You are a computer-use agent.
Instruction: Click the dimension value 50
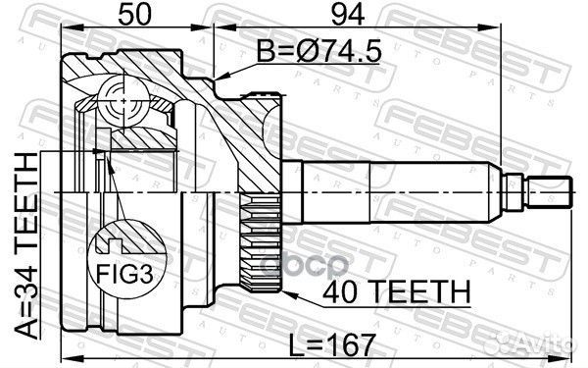point(134,15)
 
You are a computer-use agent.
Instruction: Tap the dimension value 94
point(348,15)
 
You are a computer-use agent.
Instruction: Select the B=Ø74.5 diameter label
point(318,51)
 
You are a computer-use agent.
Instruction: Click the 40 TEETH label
point(396,292)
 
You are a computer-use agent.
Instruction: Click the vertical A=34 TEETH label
point(26,246)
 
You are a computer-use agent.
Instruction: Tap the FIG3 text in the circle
point(124,274)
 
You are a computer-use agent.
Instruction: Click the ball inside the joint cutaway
point(123,101)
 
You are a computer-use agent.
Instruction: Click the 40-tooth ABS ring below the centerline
point(261,243)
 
